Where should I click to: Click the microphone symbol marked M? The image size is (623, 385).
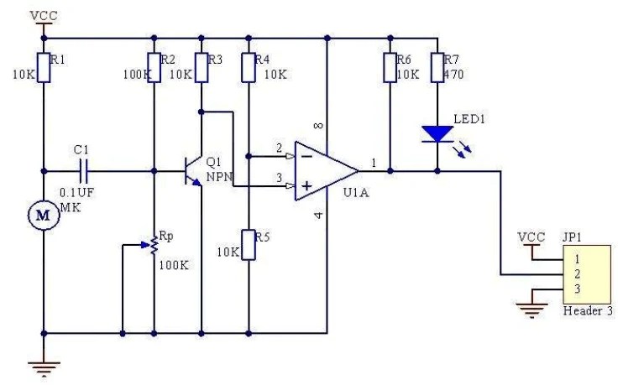point(42,216)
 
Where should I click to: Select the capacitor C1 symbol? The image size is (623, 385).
point(82,171)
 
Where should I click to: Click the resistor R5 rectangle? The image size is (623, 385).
point(248,243)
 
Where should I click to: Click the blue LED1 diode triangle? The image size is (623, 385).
point(437,133)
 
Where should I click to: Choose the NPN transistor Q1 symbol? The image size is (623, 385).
point(194,171)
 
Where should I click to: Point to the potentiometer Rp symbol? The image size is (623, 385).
point(154,246)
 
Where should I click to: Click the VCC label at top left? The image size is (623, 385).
point(42,15)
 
